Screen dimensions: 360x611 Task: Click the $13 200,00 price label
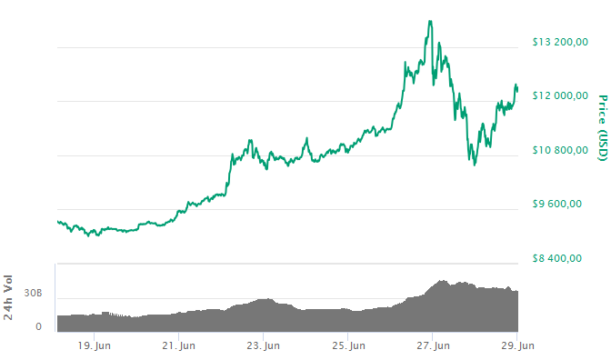(x=560, y=42)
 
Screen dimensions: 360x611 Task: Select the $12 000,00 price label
(x=560, y=95)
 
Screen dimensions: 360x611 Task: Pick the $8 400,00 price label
(x=556, y=257)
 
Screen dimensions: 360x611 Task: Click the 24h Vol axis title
(x=10, y=299)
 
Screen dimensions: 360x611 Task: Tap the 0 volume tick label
(x=38, y=325)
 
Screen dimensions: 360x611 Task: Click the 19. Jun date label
(x=95, y=345)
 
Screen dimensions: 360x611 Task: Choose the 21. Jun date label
(x=179, y=345)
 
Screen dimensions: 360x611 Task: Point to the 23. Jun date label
(x=263, y=345)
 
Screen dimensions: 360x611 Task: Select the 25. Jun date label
(x=348, y=345)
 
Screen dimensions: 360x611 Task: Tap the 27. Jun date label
(x=433, y=345)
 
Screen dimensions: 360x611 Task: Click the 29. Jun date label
(x=517, y=345)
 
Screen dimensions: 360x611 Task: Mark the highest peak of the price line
(x=430, y=21)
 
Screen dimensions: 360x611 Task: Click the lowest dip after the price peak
(x=475, y=164)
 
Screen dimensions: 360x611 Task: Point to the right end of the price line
(x=517, y=89)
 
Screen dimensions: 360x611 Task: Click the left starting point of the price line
(x=56, y=221)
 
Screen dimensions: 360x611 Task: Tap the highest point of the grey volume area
(x=443, y=281)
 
